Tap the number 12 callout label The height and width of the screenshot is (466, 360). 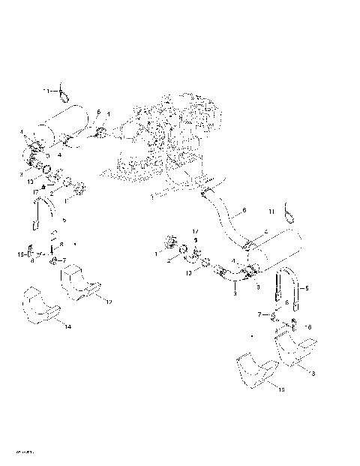tap(109, 301)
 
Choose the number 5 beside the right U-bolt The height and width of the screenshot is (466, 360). tap(305, 288)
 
